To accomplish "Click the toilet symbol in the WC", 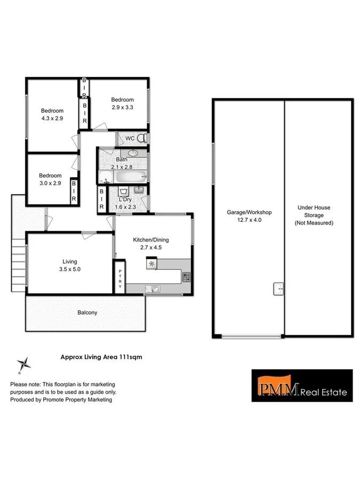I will tap(141, 138).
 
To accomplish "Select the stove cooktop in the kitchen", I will tap(186, 276).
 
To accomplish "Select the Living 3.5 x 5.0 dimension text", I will tap(70, 266).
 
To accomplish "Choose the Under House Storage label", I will tap(314, 216).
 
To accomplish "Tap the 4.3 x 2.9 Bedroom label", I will tap(52, 115).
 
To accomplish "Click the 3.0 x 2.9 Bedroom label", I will tap(50, 179).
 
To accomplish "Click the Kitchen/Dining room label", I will tap(150, 243).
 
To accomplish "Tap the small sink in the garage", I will tap(278, 288).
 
